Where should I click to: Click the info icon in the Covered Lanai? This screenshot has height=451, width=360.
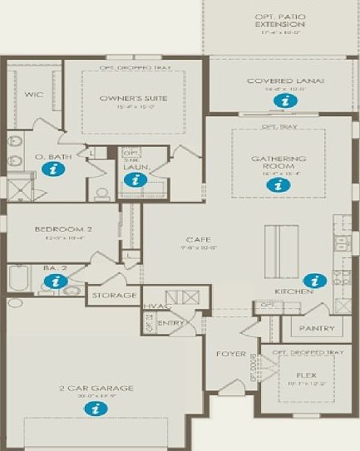point(285,100)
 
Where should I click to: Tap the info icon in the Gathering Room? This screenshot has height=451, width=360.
point(273,185)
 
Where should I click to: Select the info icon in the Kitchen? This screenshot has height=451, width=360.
point(313,280)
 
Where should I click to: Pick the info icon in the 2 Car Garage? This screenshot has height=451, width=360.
point(96,408)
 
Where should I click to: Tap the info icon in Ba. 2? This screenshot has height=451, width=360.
point(55,282)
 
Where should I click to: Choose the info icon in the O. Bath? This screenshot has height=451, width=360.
point(55,169)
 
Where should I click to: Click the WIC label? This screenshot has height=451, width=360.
point(33,95)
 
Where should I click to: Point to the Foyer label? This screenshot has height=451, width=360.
point(231,354)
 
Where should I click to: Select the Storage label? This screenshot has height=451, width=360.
point(115,296)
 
